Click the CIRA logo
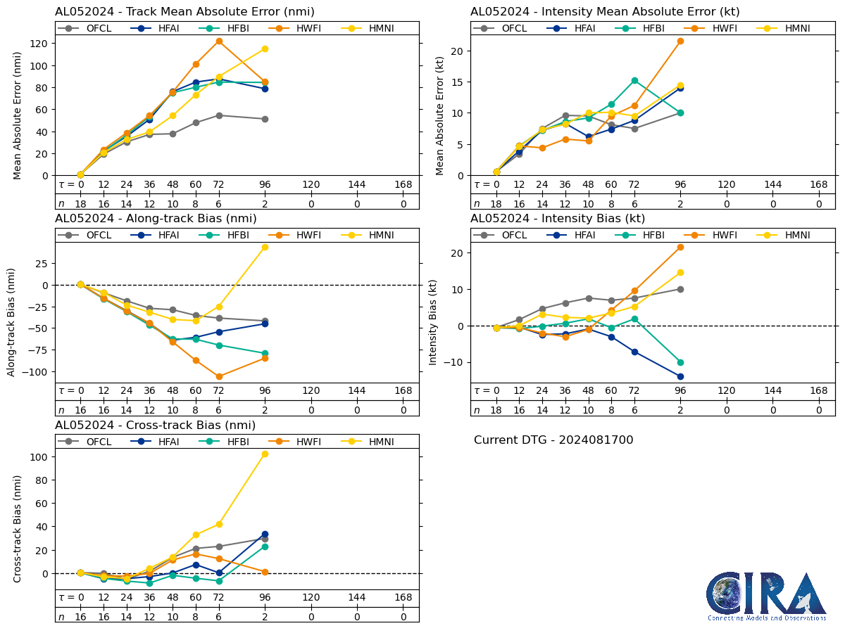766,596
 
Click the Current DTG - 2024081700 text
553,440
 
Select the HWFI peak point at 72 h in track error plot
219,41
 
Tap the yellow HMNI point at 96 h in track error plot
265,49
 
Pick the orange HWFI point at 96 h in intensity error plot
680,41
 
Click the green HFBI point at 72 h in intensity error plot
634,80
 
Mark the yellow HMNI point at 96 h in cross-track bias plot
265,454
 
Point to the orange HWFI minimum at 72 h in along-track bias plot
219,376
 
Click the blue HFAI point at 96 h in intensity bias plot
680,376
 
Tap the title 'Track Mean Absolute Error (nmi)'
184,12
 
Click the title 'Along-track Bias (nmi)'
156,219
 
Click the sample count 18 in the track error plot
81,203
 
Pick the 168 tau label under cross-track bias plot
403,598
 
